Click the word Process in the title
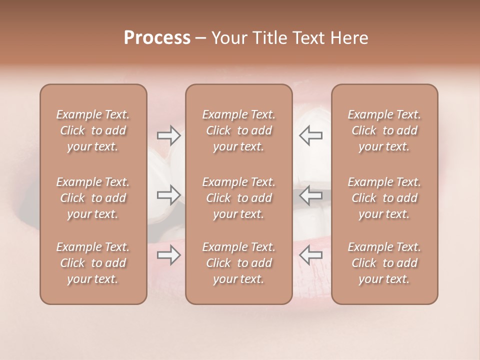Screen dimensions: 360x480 point(157,38)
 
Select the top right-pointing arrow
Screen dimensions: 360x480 point(169,135)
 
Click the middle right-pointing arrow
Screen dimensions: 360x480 point(169,195)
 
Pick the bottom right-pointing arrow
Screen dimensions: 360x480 point(169,255)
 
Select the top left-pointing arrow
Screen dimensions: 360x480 point(310,135)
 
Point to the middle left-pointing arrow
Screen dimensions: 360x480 point(310,195)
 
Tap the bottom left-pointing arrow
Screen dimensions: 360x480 point(310,255)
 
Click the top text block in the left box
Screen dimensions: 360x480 point(93,130)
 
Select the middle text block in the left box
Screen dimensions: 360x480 point(93,198)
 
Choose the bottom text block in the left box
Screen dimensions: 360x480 point(93,263)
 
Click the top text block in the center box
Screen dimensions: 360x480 point(239,130)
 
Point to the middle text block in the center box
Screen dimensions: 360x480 point(239,198)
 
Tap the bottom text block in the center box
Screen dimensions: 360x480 point(239,263)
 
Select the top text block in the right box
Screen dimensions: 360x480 point(384,130)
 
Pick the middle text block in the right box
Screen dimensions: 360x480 point(384,198)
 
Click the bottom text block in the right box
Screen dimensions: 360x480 point(384,263)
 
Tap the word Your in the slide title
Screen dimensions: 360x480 point(229,38)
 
